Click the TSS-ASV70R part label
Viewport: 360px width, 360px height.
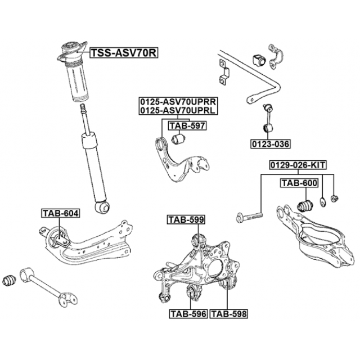[x=123, y=53]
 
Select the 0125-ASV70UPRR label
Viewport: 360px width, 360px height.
[x=178, y=101]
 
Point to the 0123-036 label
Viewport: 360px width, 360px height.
[x=271, y=144]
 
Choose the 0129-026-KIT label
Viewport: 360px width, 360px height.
[x=297, y=165]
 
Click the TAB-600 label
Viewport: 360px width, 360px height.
[x=299, y=183]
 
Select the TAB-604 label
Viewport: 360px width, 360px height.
[x=60, y=213]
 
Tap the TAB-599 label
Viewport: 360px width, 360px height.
[x=185, y=219]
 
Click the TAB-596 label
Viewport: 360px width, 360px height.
[x=188, y=313]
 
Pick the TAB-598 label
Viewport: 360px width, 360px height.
[x=229, y=313]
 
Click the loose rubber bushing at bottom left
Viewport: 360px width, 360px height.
[x=10, y=279]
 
